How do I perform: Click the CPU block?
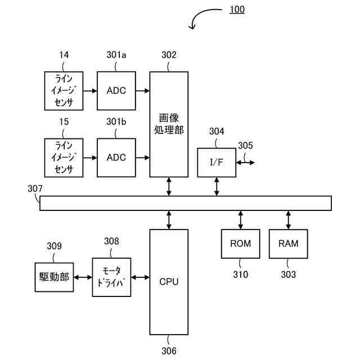tap(169, 282)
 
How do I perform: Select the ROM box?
tap(240, 244)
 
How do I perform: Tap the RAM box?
tap(288, 244)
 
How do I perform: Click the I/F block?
tap(217, 163)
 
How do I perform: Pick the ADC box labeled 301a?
tap(116, 91)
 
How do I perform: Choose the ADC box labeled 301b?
tap(116, 157)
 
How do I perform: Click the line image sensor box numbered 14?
tap(64, 91)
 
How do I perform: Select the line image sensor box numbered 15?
tap(64, 157)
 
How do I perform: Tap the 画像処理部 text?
tap(169, 124)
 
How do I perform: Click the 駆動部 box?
tap(54, 277)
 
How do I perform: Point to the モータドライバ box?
tap(111, 277)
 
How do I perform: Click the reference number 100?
tap(237, 10)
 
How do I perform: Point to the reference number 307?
tap(35, 188)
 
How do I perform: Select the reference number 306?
tap(169, 351)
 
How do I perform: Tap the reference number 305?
tap(245, 145)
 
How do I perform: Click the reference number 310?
tap(240, 274)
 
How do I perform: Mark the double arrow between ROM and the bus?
tap(240, 220)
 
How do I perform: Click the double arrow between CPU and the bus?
tap(169, 220)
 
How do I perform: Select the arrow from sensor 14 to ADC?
tap(90, 91)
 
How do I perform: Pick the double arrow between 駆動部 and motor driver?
tap(83, 277)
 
